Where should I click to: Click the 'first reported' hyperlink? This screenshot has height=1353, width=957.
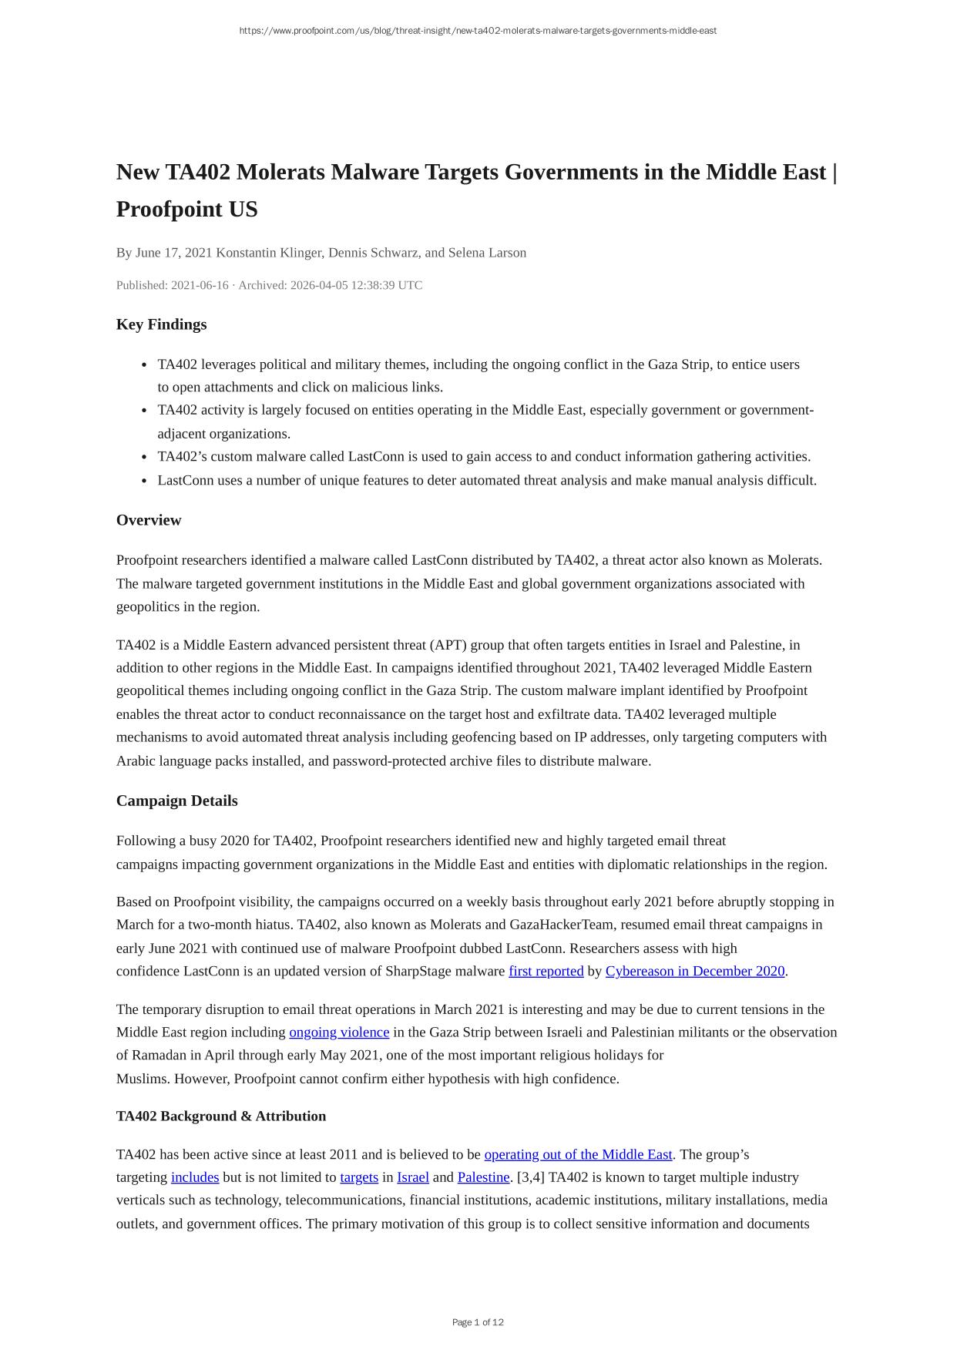(546, 972)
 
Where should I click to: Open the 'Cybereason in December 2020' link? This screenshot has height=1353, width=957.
(694, 972)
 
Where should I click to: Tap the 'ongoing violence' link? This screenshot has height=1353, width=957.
(339, 1032)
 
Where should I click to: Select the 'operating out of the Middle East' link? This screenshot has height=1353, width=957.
(578, 1155)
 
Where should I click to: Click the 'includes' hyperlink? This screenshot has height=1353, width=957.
(195, 1177)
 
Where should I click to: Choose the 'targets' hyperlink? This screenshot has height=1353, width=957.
(359, 1177)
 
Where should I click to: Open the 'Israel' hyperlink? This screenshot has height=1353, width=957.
(413, 1177)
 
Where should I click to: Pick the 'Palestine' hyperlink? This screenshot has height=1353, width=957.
(483, 1177)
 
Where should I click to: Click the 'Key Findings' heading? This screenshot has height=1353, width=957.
(161, 324)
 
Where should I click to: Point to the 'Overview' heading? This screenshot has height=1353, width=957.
(149, 520)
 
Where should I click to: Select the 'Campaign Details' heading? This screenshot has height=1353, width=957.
(176, 801)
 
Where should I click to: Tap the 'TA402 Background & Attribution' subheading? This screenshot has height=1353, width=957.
(221, 1116)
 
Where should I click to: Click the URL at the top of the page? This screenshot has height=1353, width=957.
(478, 31)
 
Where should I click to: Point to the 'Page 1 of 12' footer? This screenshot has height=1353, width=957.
(478, 1322)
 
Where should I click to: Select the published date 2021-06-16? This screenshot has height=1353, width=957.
(200, 285)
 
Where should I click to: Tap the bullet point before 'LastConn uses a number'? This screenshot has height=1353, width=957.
(146, 481)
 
